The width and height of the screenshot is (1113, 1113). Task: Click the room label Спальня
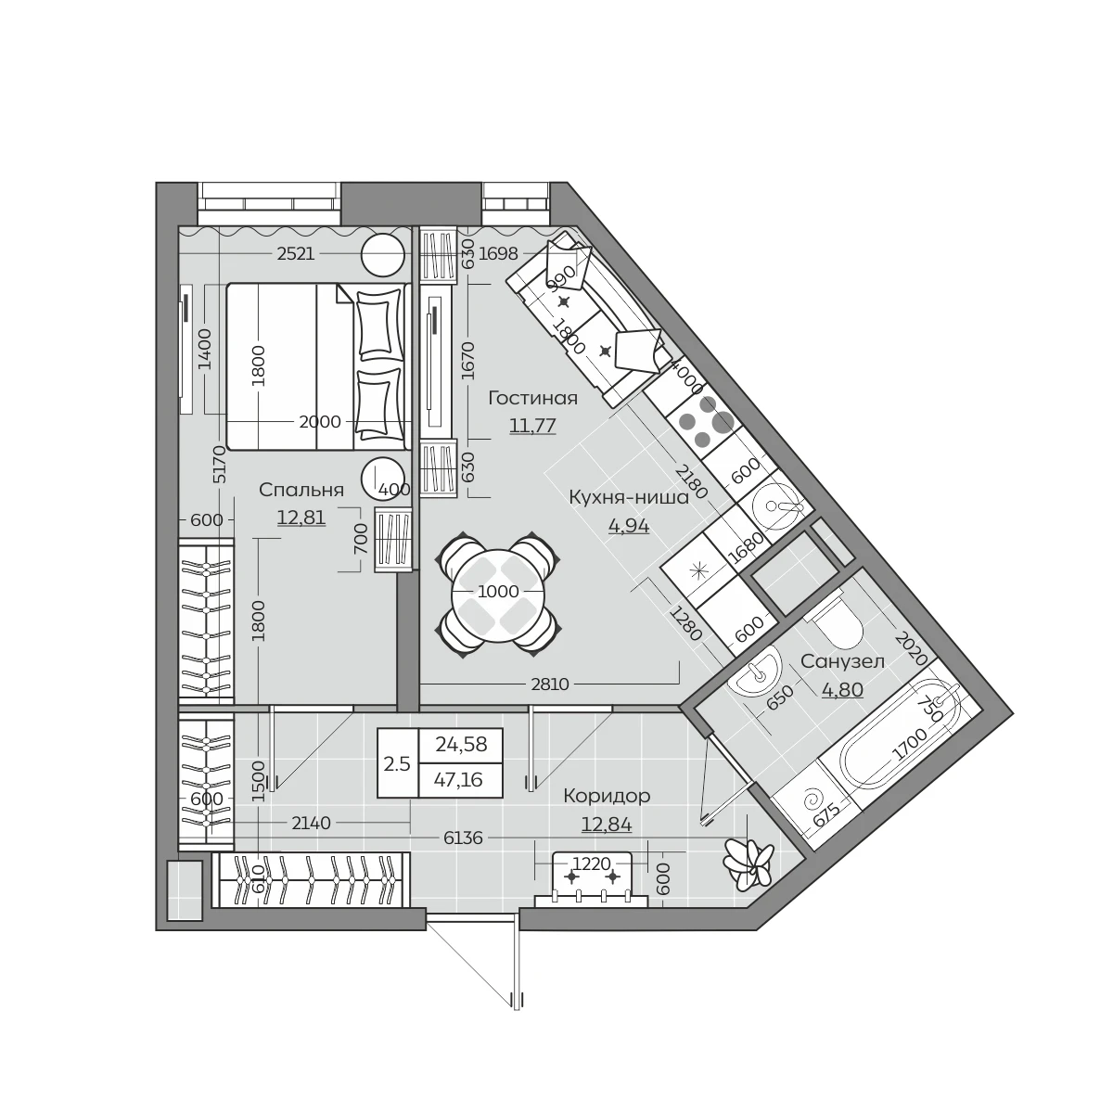(301, 491)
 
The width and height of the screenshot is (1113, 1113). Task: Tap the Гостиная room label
(532, 399)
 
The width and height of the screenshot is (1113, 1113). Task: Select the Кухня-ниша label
(629, 498)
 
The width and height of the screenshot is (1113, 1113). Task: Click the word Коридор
(607, 797)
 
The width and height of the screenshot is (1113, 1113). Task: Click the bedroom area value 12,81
(301, 518)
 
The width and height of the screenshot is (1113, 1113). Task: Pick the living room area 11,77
(532, 426)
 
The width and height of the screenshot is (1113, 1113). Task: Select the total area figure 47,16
(458, 780)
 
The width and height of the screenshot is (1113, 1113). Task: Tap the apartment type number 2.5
(397, 764)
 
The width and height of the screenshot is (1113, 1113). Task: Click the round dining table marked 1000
(498, 592)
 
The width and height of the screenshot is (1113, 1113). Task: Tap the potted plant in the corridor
(748, 863)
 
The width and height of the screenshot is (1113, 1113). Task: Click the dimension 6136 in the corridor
(463, 838)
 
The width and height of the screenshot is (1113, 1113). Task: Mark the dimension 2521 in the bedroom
(295, 254)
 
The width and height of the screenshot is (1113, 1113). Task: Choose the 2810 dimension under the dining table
(550, 684)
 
